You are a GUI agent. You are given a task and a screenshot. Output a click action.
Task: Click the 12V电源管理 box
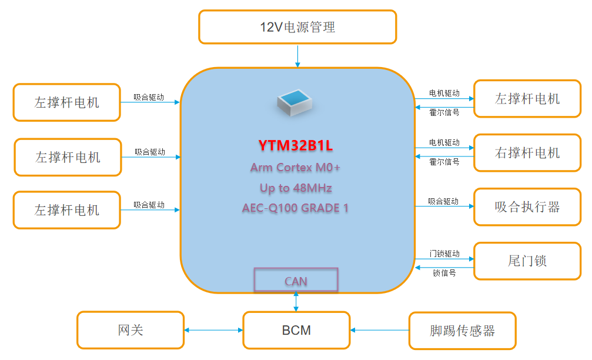click(x=297, y=27)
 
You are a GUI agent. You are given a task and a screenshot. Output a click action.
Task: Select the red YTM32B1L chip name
click(x=296, y=145)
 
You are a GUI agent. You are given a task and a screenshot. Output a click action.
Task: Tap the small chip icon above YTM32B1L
click(x=296, y=102)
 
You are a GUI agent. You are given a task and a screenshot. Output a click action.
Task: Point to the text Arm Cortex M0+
click(x=295, y=168)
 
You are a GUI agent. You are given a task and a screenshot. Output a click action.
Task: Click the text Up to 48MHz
click(x=296, y=188)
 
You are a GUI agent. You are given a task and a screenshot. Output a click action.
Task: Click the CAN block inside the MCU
click(x=296, y=281)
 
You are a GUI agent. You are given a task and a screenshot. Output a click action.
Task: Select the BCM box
click(x=296, y=331)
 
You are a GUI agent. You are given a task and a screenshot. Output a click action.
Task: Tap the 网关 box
click(x=131, y=330)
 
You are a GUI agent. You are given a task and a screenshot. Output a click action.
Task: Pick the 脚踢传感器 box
click(x=462, y=331)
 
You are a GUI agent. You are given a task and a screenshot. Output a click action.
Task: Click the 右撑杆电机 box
click(x=527, y=153)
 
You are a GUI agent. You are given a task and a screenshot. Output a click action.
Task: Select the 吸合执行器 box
click(x=527, y=206)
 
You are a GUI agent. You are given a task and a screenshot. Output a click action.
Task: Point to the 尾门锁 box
click(x=527, y=260)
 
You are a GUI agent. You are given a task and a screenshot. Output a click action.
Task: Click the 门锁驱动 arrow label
click(x=444, y=254)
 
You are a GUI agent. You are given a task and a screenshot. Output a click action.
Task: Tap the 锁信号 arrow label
click(x=444, y=273)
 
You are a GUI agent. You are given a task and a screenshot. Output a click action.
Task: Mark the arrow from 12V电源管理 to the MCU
click(x=297, y=56)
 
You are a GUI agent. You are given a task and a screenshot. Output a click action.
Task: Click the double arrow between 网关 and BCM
click(x=213, y=331)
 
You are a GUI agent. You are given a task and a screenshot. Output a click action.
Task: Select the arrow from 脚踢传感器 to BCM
click(x=379, y=331)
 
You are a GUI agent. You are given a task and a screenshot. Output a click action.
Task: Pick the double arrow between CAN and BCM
click(x=296, y=301)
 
